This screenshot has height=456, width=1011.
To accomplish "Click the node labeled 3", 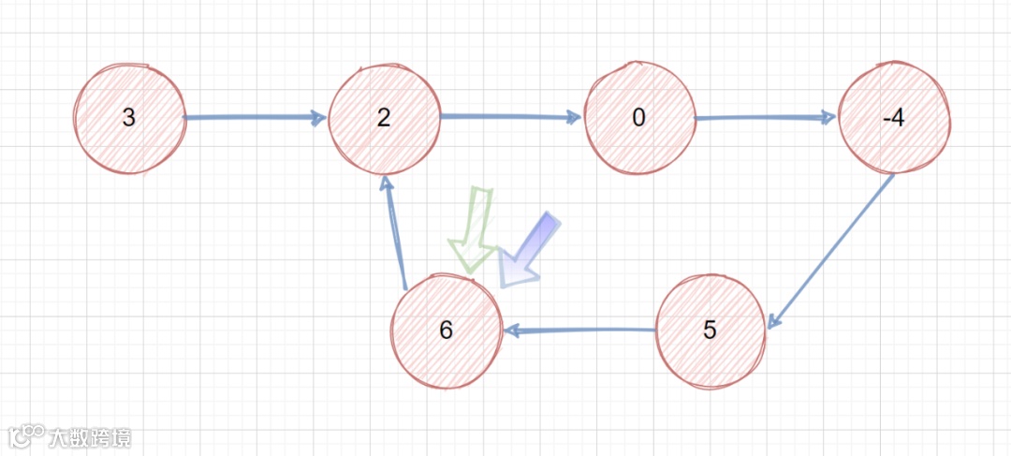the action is [130, 119].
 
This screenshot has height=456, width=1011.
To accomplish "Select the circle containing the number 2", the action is [384, 118].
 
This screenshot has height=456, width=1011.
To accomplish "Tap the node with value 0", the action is [639, 119].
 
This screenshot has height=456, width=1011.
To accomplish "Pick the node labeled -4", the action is [894, 118].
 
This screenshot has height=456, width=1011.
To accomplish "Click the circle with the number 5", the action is [710, 331].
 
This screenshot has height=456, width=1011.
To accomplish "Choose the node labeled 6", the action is [446, 331].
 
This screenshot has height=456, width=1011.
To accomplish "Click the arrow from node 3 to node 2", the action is [255, 118].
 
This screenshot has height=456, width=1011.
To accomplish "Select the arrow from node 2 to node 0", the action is [510, 117].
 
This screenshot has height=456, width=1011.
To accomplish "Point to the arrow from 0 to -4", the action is [766, 118].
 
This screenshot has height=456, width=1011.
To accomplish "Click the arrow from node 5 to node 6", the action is [580, 330].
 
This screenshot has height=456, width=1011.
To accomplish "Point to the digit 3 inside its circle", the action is [129, 119].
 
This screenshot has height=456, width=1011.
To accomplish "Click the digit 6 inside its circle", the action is [446, 331].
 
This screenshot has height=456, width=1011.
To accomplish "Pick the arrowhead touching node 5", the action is [772, 320].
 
